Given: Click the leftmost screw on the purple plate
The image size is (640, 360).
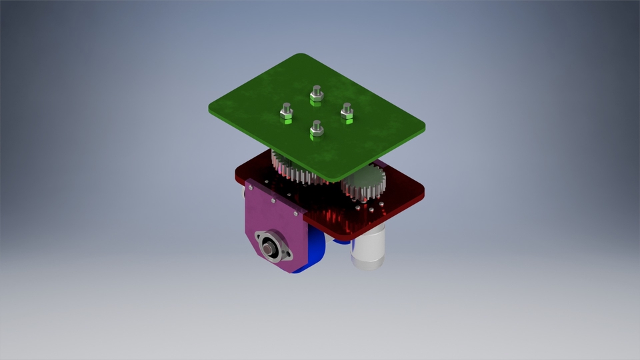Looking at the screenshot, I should pyautogui.click(x=251, y=188).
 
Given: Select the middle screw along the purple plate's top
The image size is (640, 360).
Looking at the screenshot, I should pyautogui.click(x=272, y=200).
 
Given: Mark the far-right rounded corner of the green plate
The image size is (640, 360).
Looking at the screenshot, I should pyautogui.click(x=421, y=127).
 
